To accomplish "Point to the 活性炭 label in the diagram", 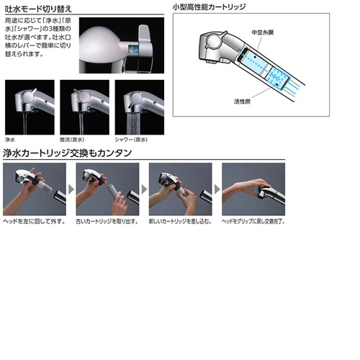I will [242, 102].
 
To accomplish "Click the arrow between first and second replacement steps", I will [71, 189].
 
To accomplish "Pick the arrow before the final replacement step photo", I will [217, 189].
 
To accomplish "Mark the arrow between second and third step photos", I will [143, 189].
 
